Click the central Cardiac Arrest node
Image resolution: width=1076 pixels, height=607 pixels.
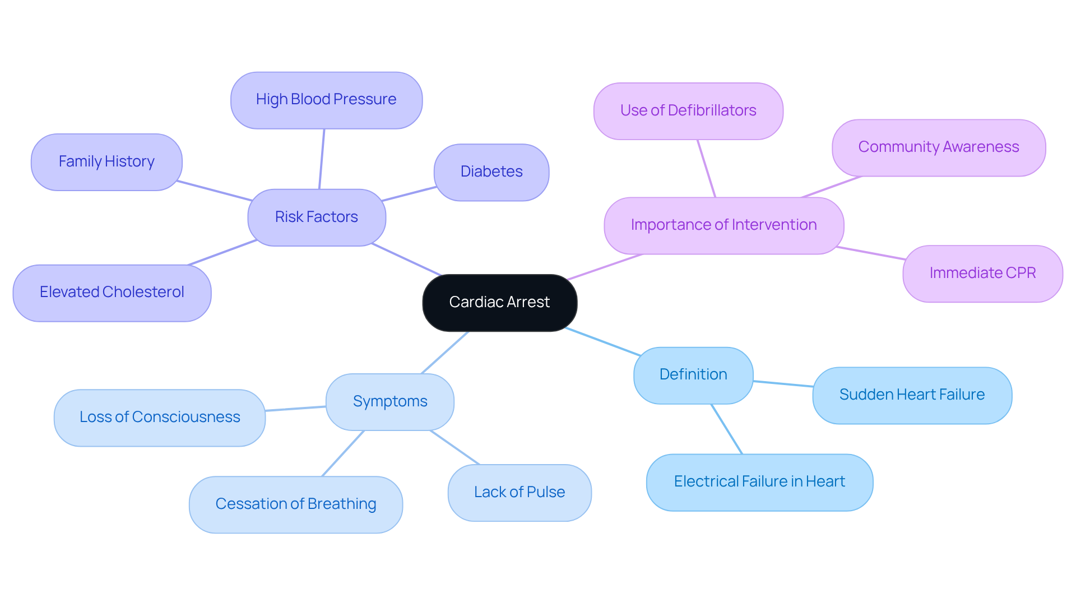pos(499,303)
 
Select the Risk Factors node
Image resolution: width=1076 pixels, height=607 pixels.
pos(317,217)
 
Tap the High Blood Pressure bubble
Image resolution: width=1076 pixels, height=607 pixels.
pos(326,100)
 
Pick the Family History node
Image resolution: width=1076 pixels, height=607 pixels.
pos(106,162)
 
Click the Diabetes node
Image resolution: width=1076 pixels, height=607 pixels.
pos(491,172)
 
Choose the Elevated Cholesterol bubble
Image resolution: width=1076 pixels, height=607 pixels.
pos(112,293)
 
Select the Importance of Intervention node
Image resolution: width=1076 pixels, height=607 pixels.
pos(723,225)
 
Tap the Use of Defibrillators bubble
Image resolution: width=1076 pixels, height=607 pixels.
pos(688,111)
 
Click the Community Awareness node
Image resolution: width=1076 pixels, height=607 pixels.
pos(939,147)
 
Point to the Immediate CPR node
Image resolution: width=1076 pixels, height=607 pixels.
pos(982,274)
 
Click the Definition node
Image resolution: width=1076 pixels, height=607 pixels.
pos(693,375)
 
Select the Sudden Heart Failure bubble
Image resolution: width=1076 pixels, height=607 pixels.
pos(912,395)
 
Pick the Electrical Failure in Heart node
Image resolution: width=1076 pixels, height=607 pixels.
pos(759,482)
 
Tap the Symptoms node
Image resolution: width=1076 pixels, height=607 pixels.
pos(390,402)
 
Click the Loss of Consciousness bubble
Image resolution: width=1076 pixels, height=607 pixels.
pos(160,418)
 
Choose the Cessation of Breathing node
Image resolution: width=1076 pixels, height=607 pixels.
pos(296,504)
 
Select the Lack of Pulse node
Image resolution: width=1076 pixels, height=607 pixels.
pos(520,493)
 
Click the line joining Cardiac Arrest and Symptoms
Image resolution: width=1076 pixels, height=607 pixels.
pos(445,353)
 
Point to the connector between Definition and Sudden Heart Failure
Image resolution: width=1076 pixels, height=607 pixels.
pos(783,384)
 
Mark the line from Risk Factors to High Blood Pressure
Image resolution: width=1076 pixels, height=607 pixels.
pos(322,159)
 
